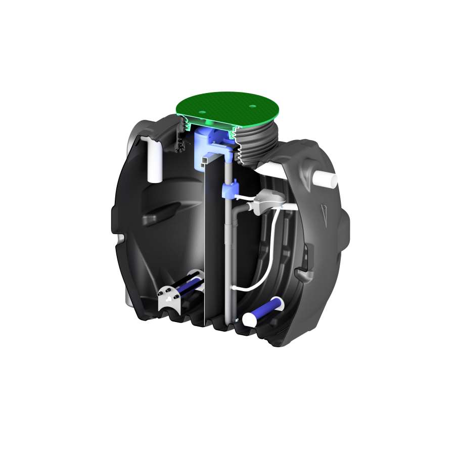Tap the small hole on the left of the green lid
(201, 112)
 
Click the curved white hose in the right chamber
(273, 253)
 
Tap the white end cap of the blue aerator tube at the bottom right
(250, 320)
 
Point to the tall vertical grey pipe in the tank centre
(230, 253)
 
